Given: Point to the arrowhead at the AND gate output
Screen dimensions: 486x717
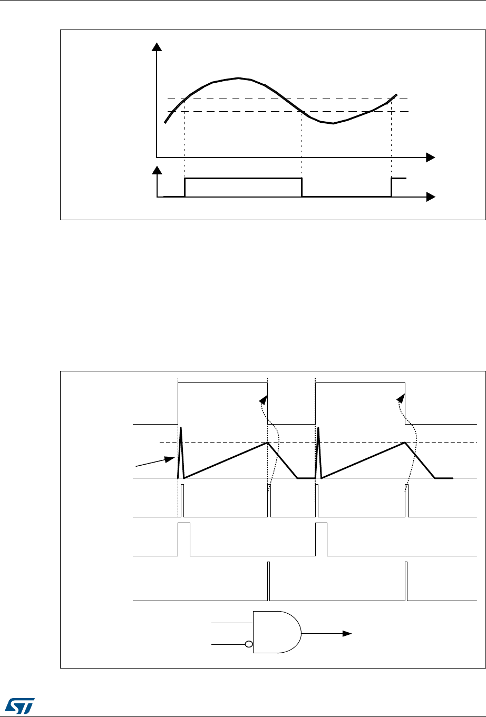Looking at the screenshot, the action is point(347,633).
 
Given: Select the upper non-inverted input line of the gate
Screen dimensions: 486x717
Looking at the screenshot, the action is point(232,623).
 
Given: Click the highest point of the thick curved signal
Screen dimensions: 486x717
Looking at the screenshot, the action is point(238,78).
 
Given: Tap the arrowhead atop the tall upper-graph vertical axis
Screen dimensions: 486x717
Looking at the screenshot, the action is point(157,47).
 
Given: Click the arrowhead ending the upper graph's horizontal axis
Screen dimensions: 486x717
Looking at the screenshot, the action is point(431,157).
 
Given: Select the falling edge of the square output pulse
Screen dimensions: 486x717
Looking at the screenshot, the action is point(302,188).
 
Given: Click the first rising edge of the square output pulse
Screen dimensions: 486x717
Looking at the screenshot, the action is point(185,188).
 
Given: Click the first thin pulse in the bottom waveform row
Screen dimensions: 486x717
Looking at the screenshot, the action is point(268,582).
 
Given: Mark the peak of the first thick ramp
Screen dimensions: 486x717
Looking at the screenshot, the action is point(268,443).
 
